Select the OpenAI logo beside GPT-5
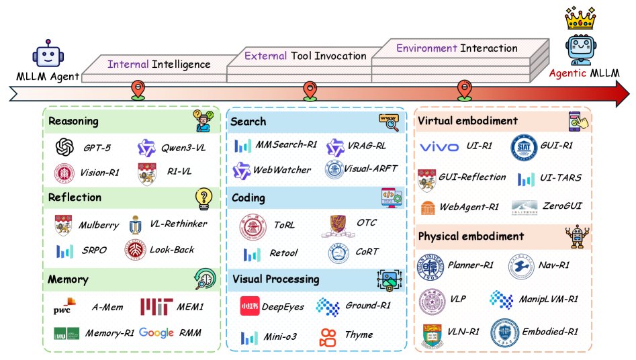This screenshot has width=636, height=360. coord(65,146)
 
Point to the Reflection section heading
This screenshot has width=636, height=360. coord(75,197)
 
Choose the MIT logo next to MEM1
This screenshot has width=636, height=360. coord(156,306)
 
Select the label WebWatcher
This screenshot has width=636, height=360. coord(282,170)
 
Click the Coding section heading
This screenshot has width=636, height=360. coord(248,198)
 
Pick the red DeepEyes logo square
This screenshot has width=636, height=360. coord(249,306)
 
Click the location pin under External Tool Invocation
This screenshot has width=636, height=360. coord(310,89)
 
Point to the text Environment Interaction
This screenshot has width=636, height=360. coord(457,48)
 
